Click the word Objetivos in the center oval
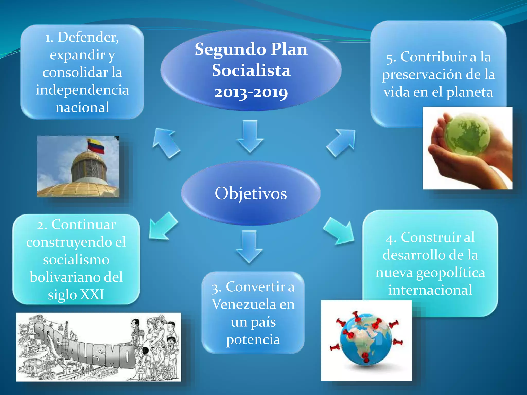point(251,193)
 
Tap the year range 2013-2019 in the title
point(251,93)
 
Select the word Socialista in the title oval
point(251,70)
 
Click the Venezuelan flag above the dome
point(96,146)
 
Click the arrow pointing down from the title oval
point(250,136)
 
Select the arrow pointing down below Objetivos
point(249,246)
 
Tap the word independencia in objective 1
point(82,90)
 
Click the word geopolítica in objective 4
point(451,273)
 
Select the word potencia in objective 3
point(253,340)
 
